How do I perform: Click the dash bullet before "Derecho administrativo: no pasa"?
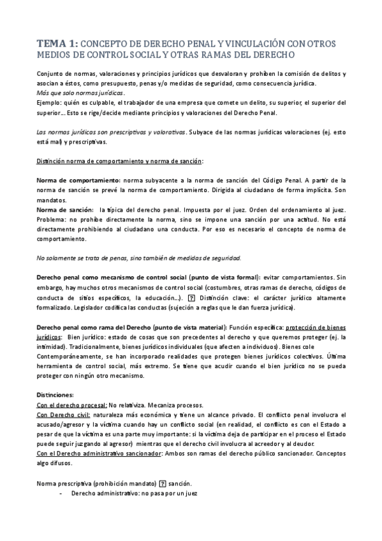pyautogui.click(x=60, y=493)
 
